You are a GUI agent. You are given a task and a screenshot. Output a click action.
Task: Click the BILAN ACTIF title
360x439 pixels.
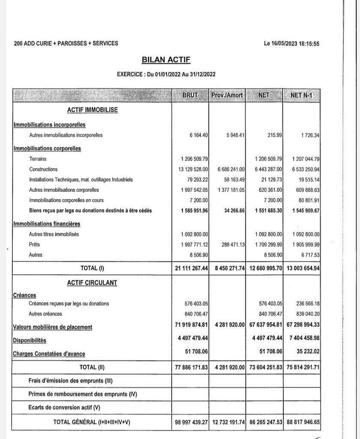166,60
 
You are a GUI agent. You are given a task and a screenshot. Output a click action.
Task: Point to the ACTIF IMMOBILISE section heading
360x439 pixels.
93,110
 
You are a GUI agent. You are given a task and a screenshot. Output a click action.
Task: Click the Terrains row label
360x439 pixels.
38,159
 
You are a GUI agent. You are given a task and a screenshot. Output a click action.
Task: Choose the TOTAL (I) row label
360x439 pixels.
93,268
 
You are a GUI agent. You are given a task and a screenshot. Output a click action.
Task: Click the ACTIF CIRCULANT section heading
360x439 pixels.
92,283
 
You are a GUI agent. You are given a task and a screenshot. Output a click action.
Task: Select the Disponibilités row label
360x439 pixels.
30,340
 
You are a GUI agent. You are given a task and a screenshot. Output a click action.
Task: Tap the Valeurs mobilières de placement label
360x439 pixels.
53,327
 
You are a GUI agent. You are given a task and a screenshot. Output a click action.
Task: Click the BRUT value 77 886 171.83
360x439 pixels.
192,368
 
